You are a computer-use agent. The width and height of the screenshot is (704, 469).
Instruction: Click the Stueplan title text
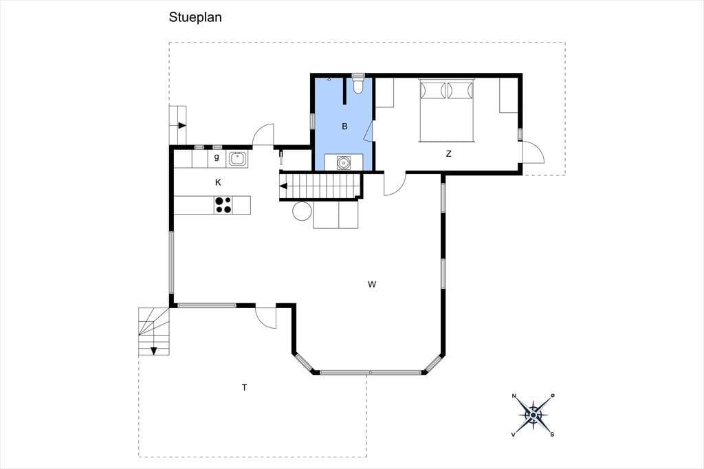[x=195, y=17]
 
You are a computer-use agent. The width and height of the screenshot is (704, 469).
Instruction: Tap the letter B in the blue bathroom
[x=345, y=127]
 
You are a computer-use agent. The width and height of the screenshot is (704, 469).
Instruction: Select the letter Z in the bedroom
[x=448, y=153]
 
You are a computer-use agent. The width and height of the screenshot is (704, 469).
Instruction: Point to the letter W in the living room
[x=372, y=284]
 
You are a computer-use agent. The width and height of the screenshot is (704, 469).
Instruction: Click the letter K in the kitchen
[x=218, y=182]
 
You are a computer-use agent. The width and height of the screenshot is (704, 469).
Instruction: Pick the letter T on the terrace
[x=245, y=387]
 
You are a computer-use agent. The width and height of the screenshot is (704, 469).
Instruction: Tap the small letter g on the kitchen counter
[x=217, y=157]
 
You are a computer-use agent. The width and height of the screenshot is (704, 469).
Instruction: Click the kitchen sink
[x=237, y=159]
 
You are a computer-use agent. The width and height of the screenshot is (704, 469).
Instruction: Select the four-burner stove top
[x=223, y=205]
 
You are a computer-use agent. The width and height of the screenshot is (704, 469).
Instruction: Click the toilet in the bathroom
[x=357, y=84]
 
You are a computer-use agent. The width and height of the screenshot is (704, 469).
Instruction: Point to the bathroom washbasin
[x=344, y=162]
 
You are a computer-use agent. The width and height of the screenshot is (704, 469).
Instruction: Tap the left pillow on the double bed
[x=432, y=90]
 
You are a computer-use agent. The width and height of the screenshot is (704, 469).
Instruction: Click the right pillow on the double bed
[x=460, y=90]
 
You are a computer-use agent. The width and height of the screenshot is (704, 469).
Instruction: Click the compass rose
[x=533, y=415]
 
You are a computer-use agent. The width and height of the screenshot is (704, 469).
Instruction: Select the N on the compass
[x=514, y=396]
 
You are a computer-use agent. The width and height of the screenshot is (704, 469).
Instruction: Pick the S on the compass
[x=552, y=434]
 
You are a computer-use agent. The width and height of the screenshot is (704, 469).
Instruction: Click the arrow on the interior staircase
[x=283, y=186]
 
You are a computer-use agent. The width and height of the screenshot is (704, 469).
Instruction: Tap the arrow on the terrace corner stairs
[x=153, y=351]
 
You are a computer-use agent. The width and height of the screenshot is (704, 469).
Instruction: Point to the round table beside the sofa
[x=302, y=210]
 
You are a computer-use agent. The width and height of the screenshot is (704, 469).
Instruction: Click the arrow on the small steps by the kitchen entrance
[x=181, y=125]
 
